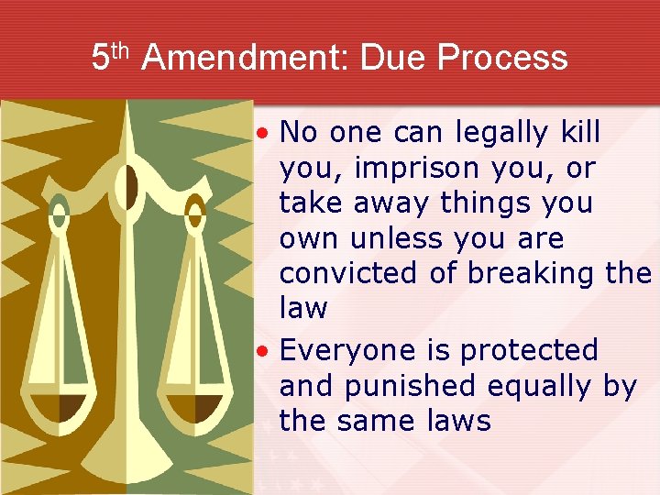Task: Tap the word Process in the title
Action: click(x=502, y=58)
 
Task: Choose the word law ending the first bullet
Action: click(x=303, y=308)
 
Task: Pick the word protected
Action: click(x=529, y=350)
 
